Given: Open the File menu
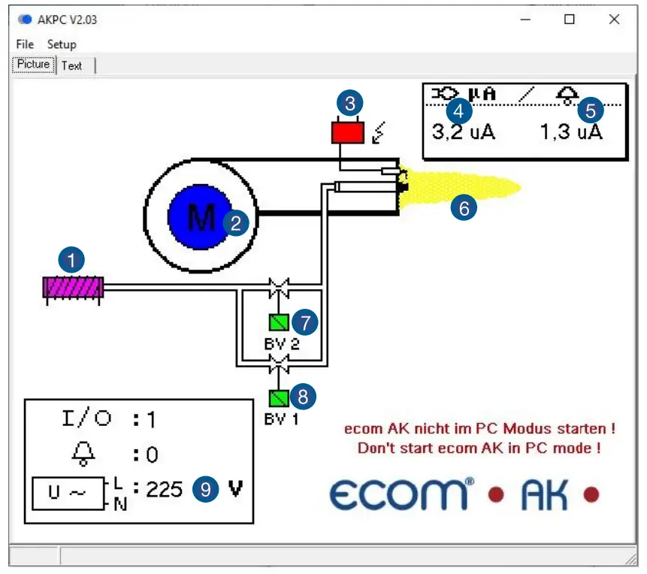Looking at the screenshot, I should (x=25, y=44).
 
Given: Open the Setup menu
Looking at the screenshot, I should (x=62, y=44).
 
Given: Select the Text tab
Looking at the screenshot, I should (x=72, y=65).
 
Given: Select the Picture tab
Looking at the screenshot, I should (x=34, y=65).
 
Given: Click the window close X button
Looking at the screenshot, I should (x=614, y=20).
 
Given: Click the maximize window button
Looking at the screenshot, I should (x=569, y=20).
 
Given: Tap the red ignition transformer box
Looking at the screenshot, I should (x=347, y=132).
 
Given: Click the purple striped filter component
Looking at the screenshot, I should (x=73, y=288).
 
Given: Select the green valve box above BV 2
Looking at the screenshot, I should (x=279, y=322).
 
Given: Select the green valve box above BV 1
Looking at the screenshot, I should (x=279, y=397).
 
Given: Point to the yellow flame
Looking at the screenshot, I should (x=462, y=188).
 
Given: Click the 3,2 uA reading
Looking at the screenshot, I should (x=463, y=133).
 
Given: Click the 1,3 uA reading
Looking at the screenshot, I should (x=571, y=133).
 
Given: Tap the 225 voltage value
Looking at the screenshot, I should (x=165, y=490).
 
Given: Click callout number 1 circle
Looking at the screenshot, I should (x=72, y=261).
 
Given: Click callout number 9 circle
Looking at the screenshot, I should (x=205, y=489).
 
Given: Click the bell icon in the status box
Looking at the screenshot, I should (x=83, y=453).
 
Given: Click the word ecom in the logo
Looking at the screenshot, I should (x=398, y=495).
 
